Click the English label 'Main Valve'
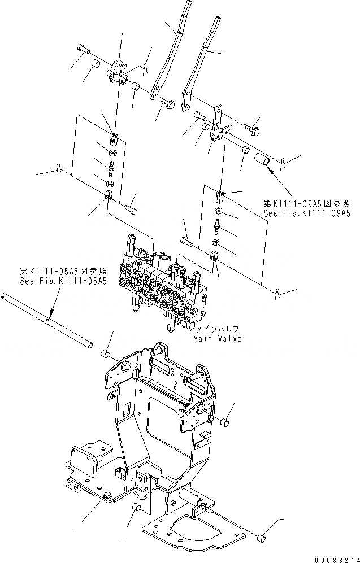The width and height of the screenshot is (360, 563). [216, 339]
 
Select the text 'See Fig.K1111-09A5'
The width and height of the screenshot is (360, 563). [307, 213]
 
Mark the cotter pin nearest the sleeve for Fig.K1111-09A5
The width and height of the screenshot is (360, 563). [285, 164]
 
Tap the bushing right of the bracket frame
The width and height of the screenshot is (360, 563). [224, 422]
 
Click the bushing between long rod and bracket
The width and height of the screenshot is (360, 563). [105, 354]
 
